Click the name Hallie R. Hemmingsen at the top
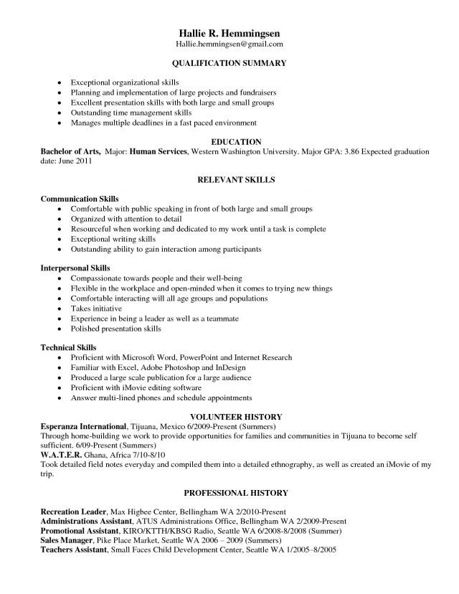[229, 33]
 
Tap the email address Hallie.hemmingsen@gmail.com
[229, 44]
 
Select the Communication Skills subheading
[80, 199]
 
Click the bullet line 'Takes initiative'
[97, 308]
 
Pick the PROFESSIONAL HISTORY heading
[235, 493]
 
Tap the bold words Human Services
[159, 152]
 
